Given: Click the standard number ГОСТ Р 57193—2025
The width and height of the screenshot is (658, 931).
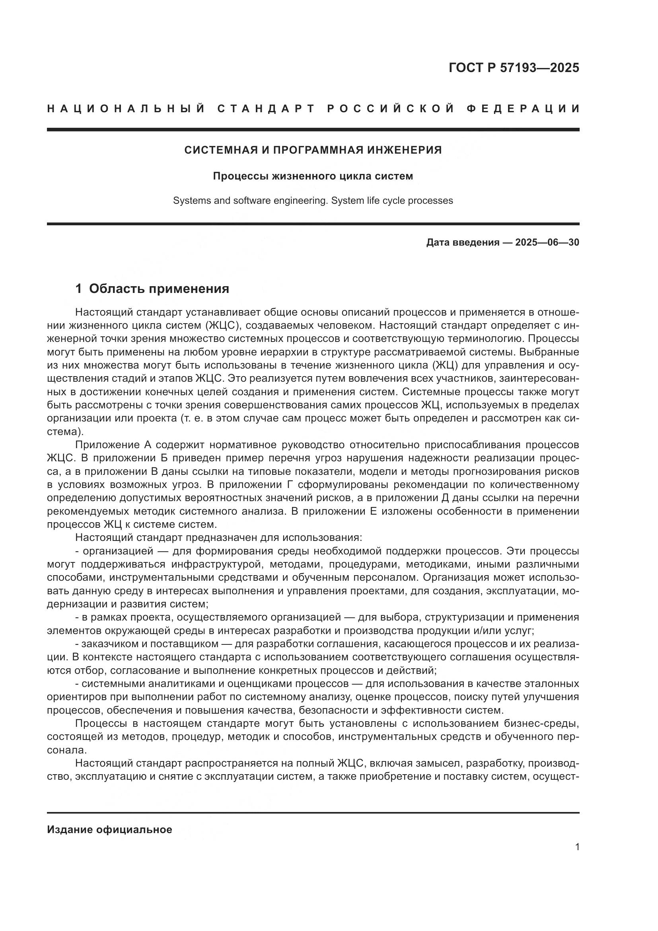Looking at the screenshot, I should click(x=514, y=68).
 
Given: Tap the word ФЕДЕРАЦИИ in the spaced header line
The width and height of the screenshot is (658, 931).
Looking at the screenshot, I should click(x=523, y=109).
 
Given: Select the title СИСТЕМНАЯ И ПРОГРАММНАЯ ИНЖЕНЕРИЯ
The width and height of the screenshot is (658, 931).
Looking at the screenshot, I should click(x=313, y=150).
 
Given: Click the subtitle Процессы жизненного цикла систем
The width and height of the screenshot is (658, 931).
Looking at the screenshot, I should click(x=313, y=176).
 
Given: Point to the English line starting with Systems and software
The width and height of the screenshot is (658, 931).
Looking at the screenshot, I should click(x=313, y=201).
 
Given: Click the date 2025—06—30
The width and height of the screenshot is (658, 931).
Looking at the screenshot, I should click(x=547, y=243).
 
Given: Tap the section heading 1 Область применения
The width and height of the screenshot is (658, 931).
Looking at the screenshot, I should click(x=152, y=289).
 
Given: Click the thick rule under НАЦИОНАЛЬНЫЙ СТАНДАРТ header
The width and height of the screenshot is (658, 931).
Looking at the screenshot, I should click(x=313, y=130).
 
